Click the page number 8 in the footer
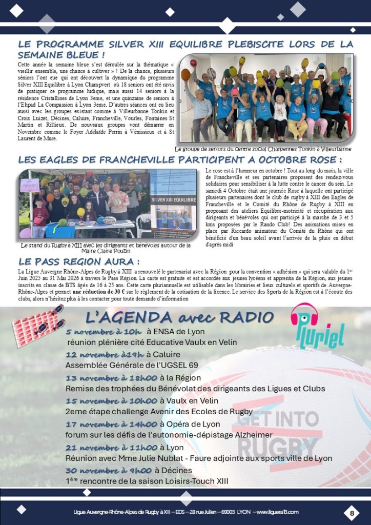(x=352, y=513)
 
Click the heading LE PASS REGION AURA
(x=79, y=261)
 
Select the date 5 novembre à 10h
(x=104, y=332)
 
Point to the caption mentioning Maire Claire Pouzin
(x=106, y=248)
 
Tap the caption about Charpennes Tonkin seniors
(x=263, y=149)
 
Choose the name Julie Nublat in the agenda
(x=157, y=458)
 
